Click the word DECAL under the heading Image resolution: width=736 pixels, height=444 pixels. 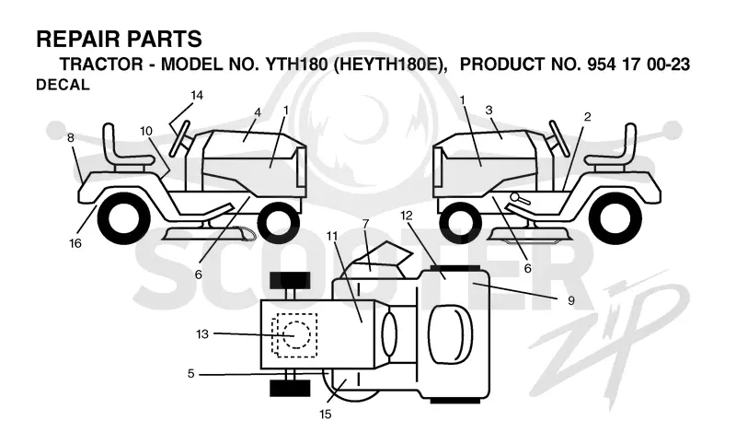[63, 85]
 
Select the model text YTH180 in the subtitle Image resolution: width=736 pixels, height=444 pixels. [296, 64]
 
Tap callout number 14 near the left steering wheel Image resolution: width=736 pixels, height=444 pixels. [197, 96]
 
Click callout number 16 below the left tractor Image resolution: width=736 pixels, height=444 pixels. [75, 243]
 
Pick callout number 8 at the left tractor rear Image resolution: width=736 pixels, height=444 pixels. [71, 138]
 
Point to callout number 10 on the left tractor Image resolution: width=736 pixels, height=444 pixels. [146, 131]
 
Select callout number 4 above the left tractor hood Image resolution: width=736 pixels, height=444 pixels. [258, 112]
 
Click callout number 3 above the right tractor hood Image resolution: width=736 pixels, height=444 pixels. [489, 111]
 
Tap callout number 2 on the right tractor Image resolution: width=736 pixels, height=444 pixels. [587, 117]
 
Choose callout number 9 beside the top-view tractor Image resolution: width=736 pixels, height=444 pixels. [570, 300]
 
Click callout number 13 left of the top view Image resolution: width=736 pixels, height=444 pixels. [202, 334]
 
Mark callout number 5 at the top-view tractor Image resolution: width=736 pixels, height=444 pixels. [190, 373]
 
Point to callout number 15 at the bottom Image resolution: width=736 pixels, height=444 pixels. [326, 415]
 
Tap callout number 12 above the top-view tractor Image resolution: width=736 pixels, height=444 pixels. [407, 216]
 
